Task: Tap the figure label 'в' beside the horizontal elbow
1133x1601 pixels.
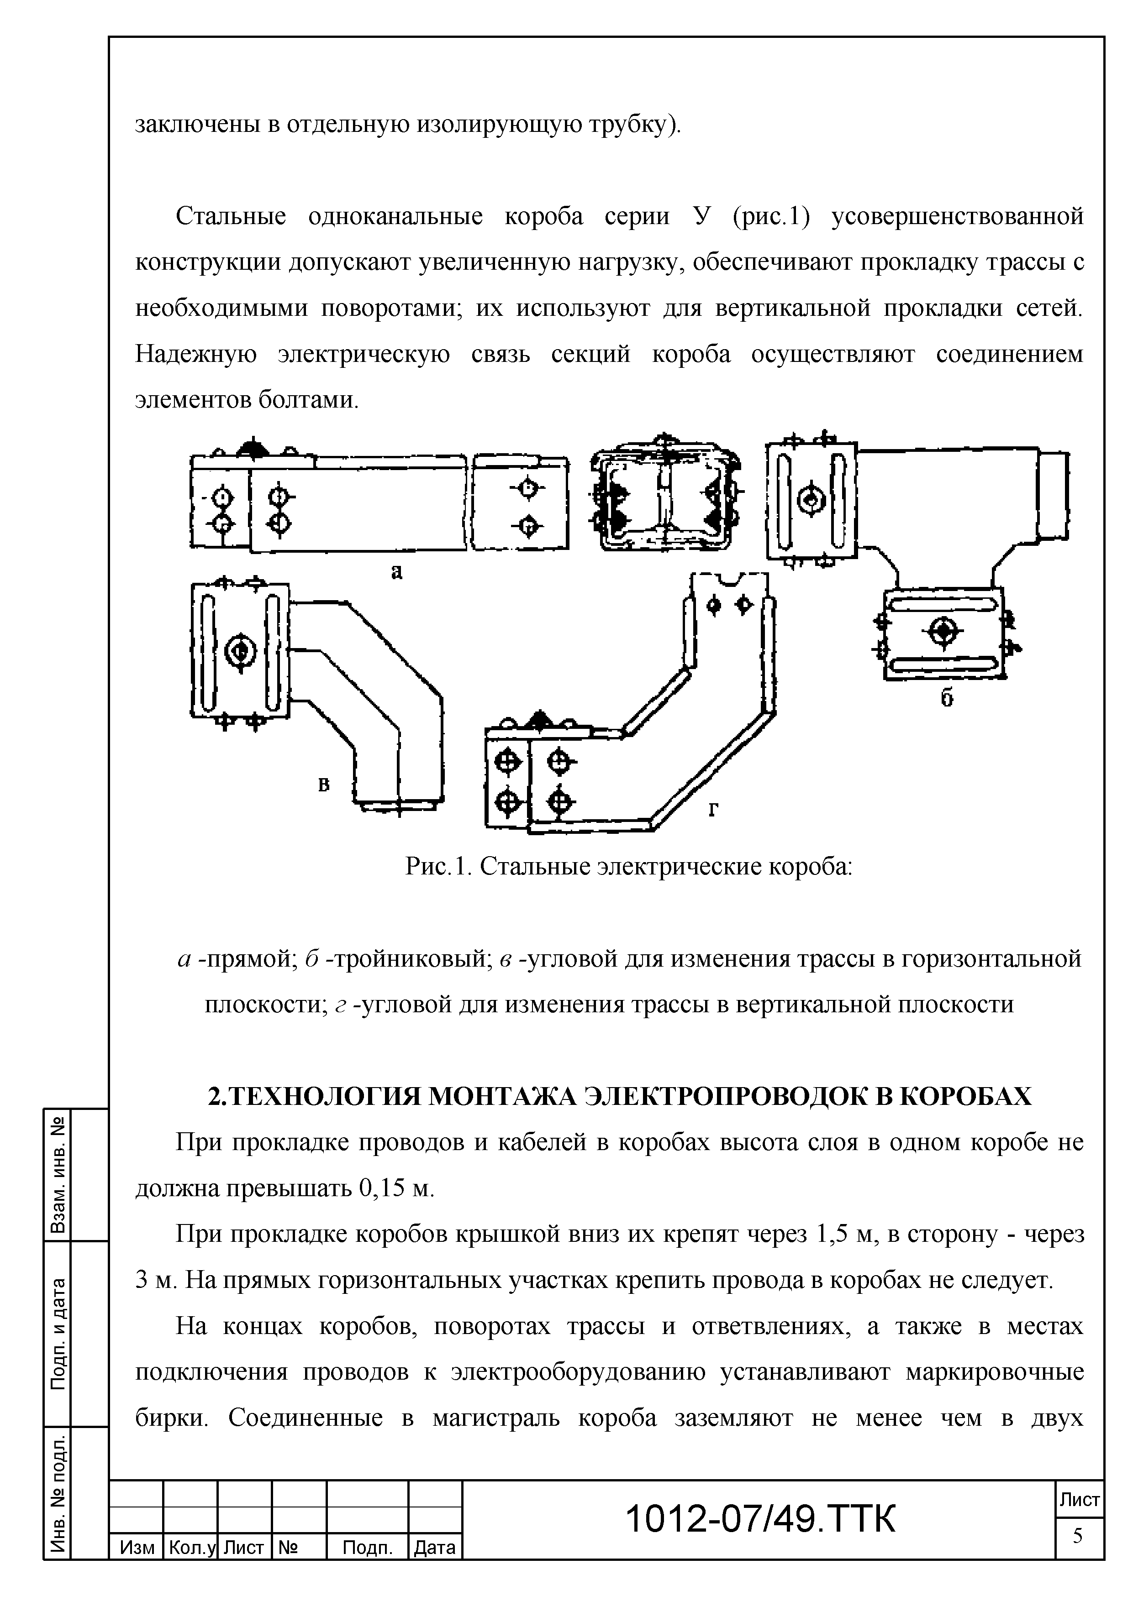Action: point(324,785)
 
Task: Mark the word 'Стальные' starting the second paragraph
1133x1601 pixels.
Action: point(231,217)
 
